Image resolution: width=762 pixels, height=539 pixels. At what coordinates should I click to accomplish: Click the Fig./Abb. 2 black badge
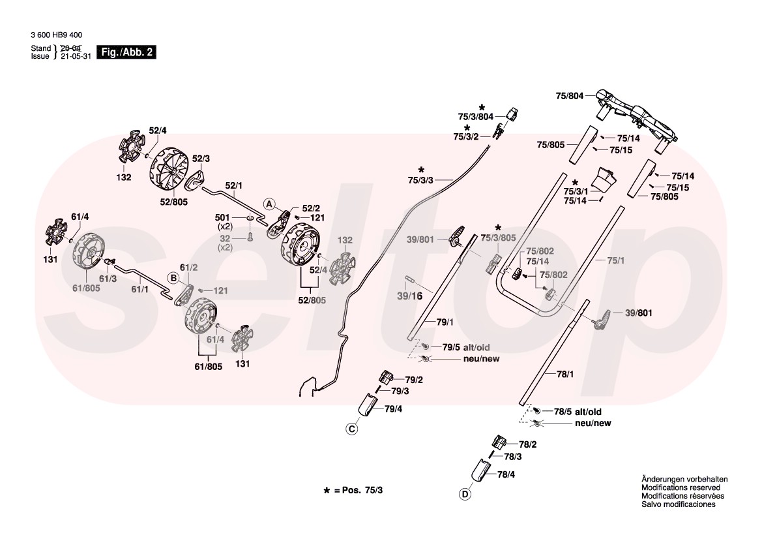(x=126, y=52)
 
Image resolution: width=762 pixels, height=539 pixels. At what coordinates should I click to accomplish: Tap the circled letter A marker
(x=268, y=204)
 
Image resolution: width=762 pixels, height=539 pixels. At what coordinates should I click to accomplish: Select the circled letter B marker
(x=173, y=278)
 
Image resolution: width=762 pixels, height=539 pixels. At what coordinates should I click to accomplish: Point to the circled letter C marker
(x=351, y=429)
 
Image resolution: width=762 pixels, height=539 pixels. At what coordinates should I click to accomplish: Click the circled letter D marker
(x=465, y=494)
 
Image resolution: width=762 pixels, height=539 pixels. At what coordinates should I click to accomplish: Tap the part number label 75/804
(x=569, y=96)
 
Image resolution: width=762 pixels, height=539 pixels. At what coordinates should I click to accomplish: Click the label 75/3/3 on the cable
(x=420, y=179)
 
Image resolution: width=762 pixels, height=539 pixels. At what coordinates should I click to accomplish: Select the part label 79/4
(x=393, y=409)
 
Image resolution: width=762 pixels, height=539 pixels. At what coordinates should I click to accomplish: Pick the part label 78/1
(x=564, y=374)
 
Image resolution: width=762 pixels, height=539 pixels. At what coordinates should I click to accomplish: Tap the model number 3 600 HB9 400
(x=56, y=35)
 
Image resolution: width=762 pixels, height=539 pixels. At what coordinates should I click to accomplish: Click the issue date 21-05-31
(x=74, y=57)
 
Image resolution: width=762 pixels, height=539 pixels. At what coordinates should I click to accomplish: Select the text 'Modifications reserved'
(x=680, y=487)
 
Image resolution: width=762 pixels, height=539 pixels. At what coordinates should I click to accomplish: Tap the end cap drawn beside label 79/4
(x=368, y=405)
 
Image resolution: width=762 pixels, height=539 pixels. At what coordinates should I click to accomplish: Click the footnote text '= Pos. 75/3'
(x=362, y=489)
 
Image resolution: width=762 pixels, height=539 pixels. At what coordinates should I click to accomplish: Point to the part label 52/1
(x=233, y=185)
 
